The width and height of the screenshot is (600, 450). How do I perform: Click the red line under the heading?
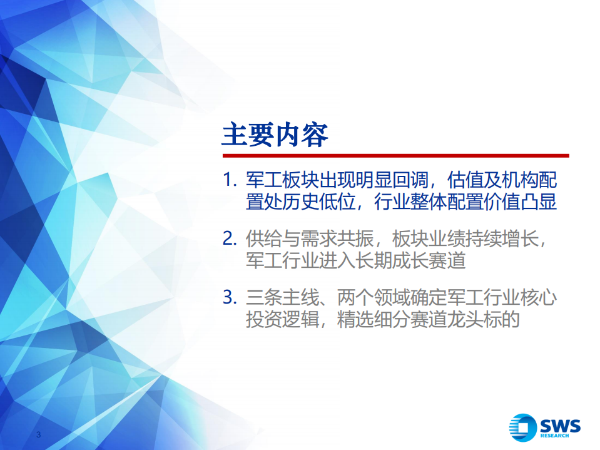395,155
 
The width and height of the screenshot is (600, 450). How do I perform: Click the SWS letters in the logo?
560,425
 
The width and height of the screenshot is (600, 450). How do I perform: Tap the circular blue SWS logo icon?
522,427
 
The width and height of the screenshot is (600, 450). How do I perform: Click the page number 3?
39,436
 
